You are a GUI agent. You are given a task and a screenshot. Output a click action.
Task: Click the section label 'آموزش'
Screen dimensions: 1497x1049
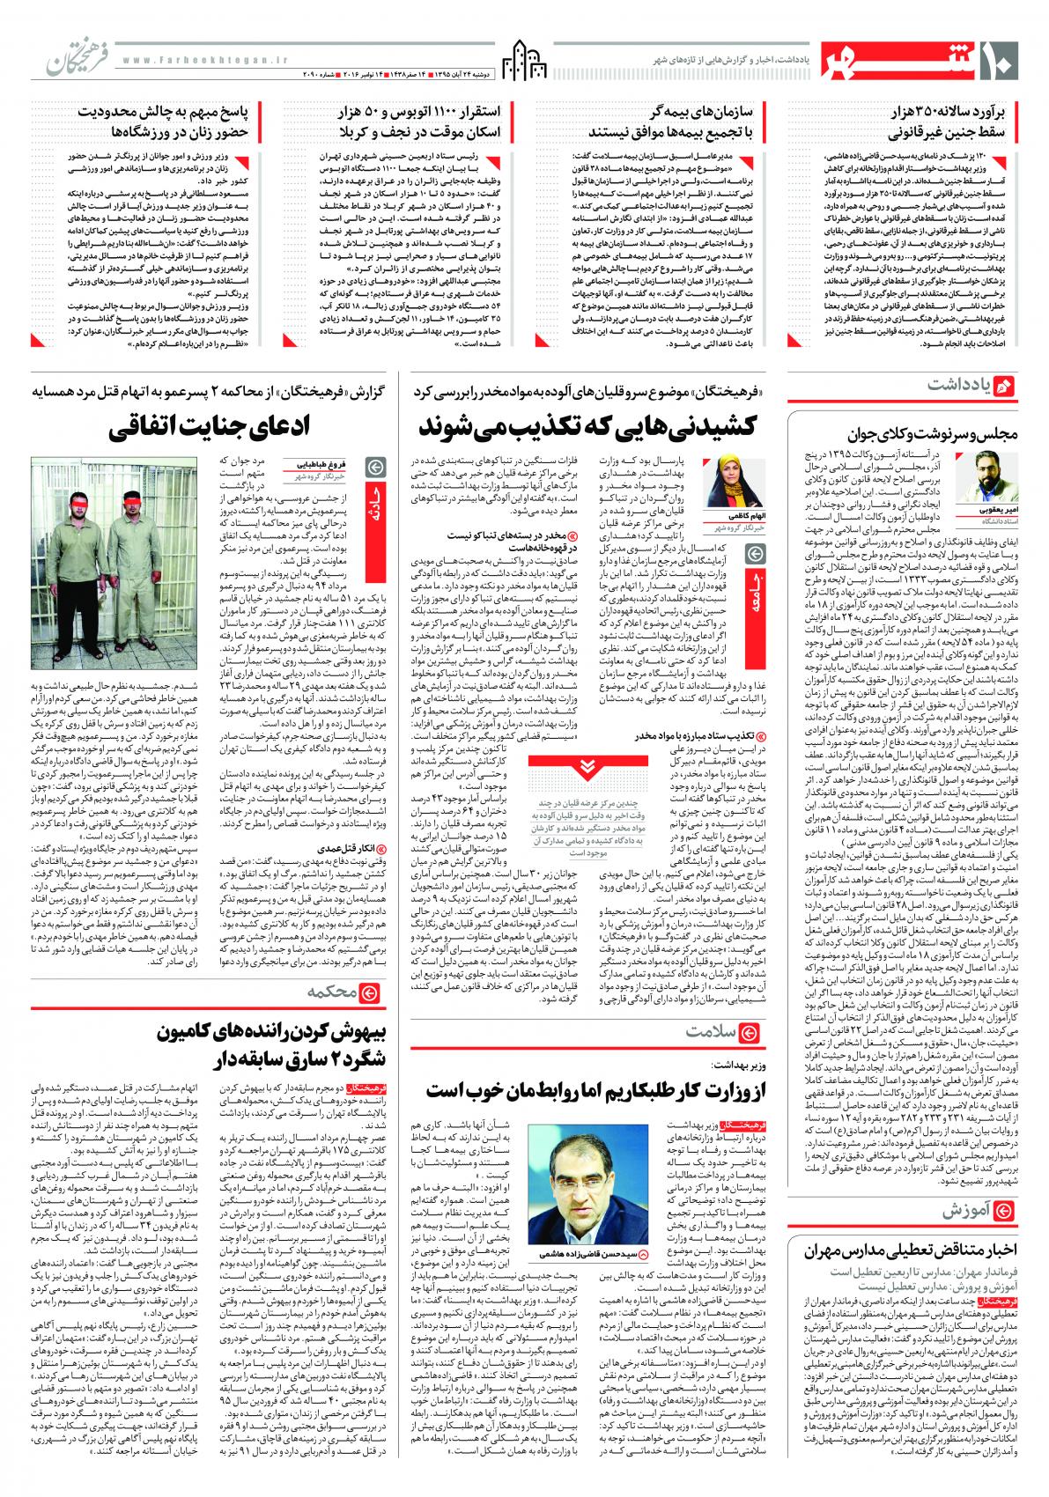coord(969,1207)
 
